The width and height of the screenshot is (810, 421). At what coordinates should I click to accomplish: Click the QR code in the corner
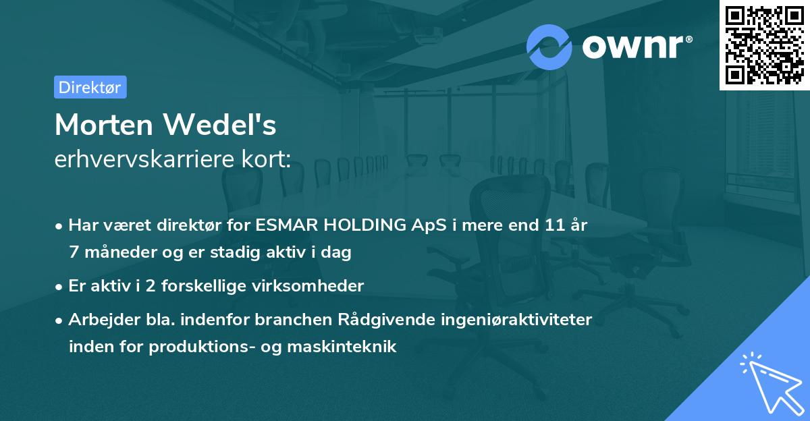765,45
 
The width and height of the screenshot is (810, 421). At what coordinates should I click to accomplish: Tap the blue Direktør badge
90,87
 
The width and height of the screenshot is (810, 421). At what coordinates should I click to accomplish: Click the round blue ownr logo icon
549,47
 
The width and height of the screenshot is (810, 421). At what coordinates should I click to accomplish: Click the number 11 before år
557,225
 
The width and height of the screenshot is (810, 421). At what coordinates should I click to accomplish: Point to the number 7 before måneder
74,252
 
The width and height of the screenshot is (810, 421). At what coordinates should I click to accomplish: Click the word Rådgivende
375,320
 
